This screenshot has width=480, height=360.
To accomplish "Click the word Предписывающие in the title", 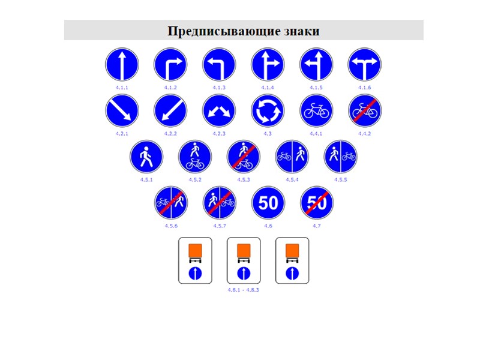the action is [222, 31].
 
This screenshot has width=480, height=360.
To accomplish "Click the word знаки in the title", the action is [301, 31].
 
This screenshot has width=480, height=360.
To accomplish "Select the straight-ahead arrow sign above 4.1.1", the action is [122, 64].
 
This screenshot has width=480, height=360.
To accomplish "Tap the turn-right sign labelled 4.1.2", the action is [171, 64].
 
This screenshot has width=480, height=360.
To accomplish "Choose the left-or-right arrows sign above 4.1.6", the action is [365, 64].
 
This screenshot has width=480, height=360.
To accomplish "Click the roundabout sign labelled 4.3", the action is [268, 111].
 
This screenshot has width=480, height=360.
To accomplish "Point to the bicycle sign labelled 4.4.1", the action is [316, 111].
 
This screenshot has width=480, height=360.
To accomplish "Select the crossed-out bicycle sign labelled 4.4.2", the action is [365, 111].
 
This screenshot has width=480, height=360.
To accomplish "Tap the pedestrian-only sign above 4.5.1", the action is [146, 157].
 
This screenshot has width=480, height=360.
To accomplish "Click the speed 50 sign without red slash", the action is [268, 203].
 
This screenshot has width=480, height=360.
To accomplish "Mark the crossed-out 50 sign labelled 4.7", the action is [316, 203].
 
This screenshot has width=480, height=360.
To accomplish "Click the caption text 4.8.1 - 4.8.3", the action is [244, 289].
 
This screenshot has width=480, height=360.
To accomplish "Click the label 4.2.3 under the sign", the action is [220, 133].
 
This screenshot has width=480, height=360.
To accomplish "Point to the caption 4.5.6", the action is [171, 226].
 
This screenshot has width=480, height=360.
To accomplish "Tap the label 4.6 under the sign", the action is [268, 226].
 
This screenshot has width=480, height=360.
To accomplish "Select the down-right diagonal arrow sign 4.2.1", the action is [122, 111].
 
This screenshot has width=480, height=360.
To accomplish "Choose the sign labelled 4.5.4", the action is [292, 157].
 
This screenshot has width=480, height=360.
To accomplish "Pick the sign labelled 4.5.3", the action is [244, 157].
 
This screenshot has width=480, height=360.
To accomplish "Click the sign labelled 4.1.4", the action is [268, 64].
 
